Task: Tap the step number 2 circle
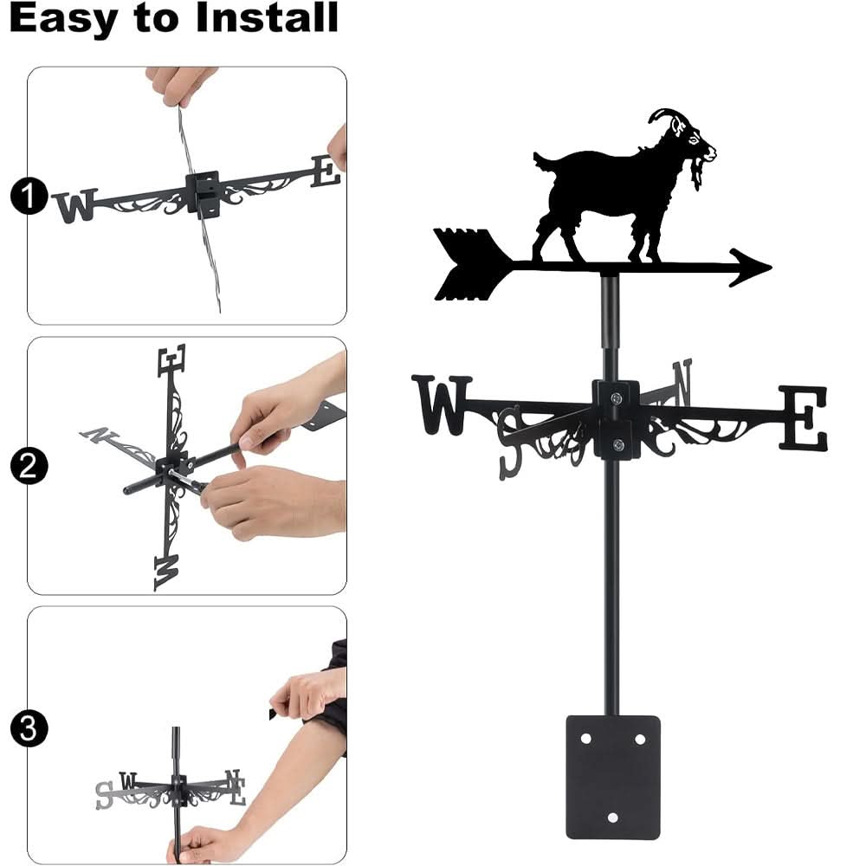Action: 28,468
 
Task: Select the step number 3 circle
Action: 28,727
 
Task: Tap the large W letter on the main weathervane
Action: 442,405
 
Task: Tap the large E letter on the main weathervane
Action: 803,418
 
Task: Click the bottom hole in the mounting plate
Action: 613,817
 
